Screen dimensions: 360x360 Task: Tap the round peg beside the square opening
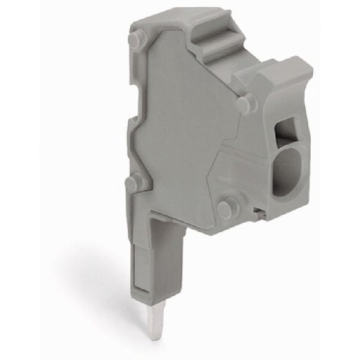(x=243, y=106)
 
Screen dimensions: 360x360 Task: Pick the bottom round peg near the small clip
(x=226, y=208)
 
